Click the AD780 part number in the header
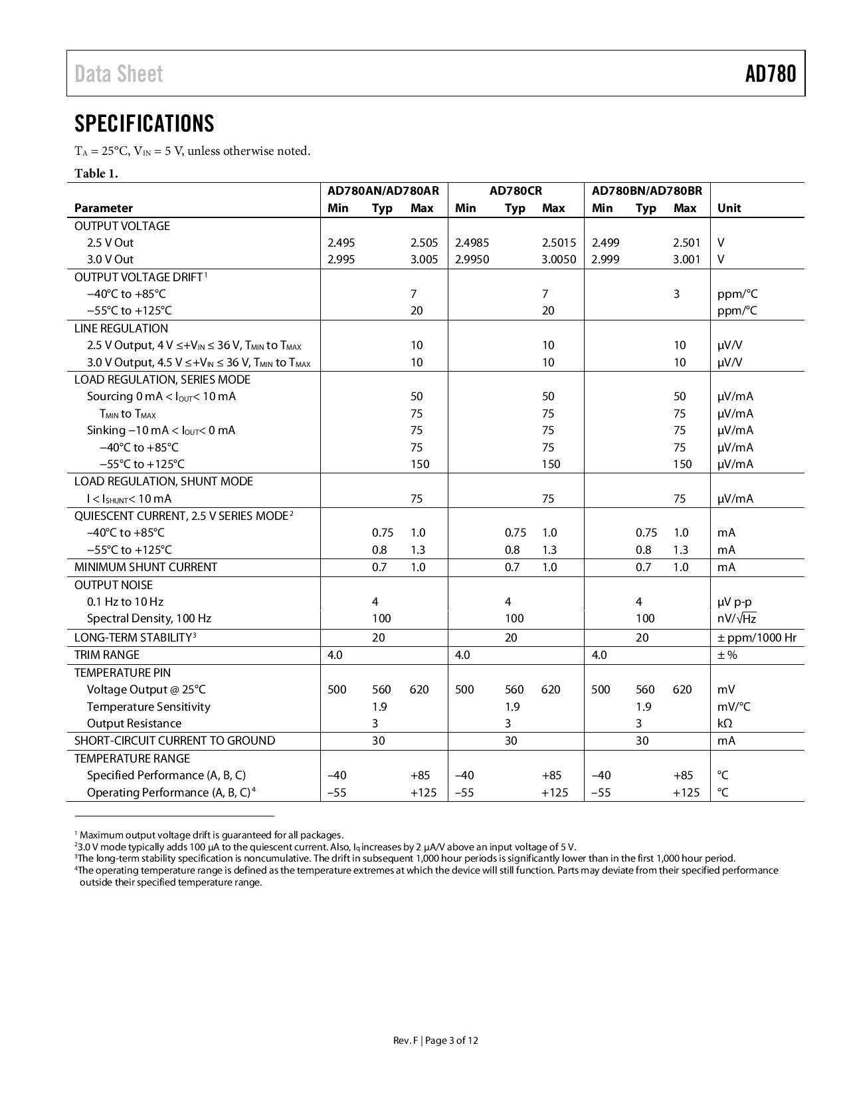pos(770,74)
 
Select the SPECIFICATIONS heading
pos(144,124)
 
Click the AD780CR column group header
pos(516,191)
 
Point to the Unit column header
pos(729,208)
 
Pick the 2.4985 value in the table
pos(472,243)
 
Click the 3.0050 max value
pos(559,259)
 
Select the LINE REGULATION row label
pos(121,328)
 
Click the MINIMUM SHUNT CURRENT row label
pos(145,567)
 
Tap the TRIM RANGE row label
pos(107,655)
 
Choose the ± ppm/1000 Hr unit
pos(757,638)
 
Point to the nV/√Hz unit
pos(737,619)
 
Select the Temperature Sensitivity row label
pos(148,707)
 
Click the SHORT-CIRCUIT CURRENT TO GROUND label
pos(174,741)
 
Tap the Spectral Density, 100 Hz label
pos(149,618)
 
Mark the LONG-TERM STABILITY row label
pos(133,638)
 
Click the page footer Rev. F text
pos(405,1040)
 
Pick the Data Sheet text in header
pos(119,74)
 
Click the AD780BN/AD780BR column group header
pos(646,191)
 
